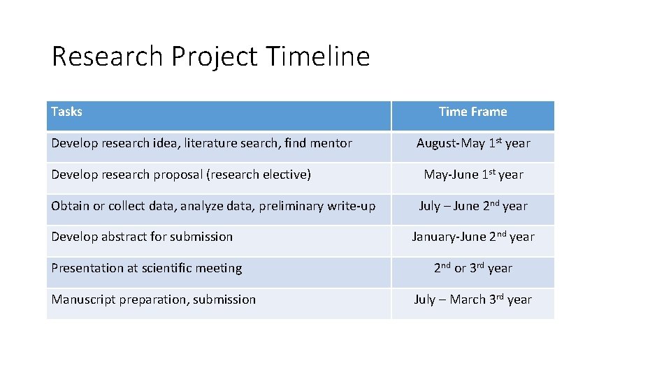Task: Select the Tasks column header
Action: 67,112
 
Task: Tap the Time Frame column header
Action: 472,112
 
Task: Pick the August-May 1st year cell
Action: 472,143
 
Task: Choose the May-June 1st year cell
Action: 472,175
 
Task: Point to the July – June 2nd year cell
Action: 472,206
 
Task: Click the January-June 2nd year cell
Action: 472,237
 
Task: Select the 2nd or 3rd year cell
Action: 472,268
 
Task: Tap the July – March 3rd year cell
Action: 472,300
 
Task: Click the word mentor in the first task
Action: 331,143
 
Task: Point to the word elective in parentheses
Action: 287,175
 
